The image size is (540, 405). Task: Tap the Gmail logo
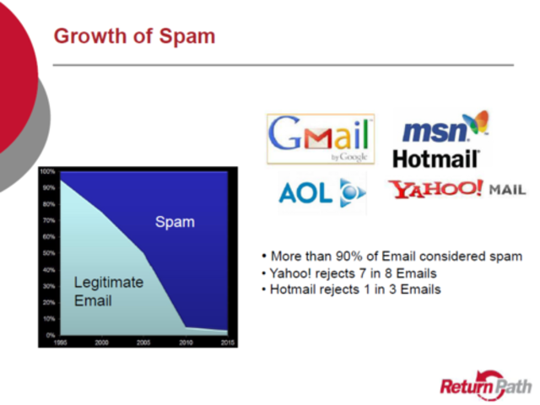tap(320, 138)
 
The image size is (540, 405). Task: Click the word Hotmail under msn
tap(436, 158)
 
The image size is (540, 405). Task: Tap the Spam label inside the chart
tap(175, 223)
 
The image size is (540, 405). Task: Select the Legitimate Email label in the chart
tap(108, 290)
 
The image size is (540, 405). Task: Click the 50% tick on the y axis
tap(47, 253)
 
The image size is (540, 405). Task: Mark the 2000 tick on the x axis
tap(102, 342)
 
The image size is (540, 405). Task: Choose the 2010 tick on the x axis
tap(186, 342)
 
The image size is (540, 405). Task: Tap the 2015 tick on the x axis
tap(228, 342)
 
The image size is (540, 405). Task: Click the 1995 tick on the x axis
tap(60, 342)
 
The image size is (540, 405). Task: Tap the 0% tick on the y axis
tap(49, 334)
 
